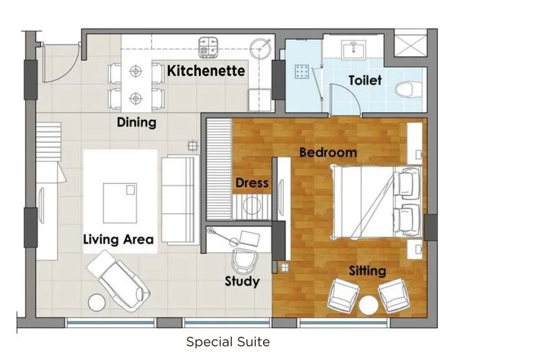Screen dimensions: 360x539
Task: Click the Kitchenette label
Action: [x=206, y=71]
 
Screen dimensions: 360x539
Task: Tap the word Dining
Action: [x=136, y=122]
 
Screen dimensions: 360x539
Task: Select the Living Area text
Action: [x=119, y=240]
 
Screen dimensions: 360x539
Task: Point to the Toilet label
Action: [x=365, y=81]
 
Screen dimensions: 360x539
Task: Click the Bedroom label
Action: [x=328, y=153]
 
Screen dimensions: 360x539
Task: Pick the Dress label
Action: [x=252, y=183]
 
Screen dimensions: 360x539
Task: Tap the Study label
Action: [x=242, y=281]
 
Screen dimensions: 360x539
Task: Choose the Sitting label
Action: [x=367, y=271]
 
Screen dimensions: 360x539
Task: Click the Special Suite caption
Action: [x=228, y=341]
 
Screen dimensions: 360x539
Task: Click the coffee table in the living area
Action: [x=120, y=201]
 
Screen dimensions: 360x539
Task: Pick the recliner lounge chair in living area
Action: [x=119, y=279]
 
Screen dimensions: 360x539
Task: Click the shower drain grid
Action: [x=302, y=71]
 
